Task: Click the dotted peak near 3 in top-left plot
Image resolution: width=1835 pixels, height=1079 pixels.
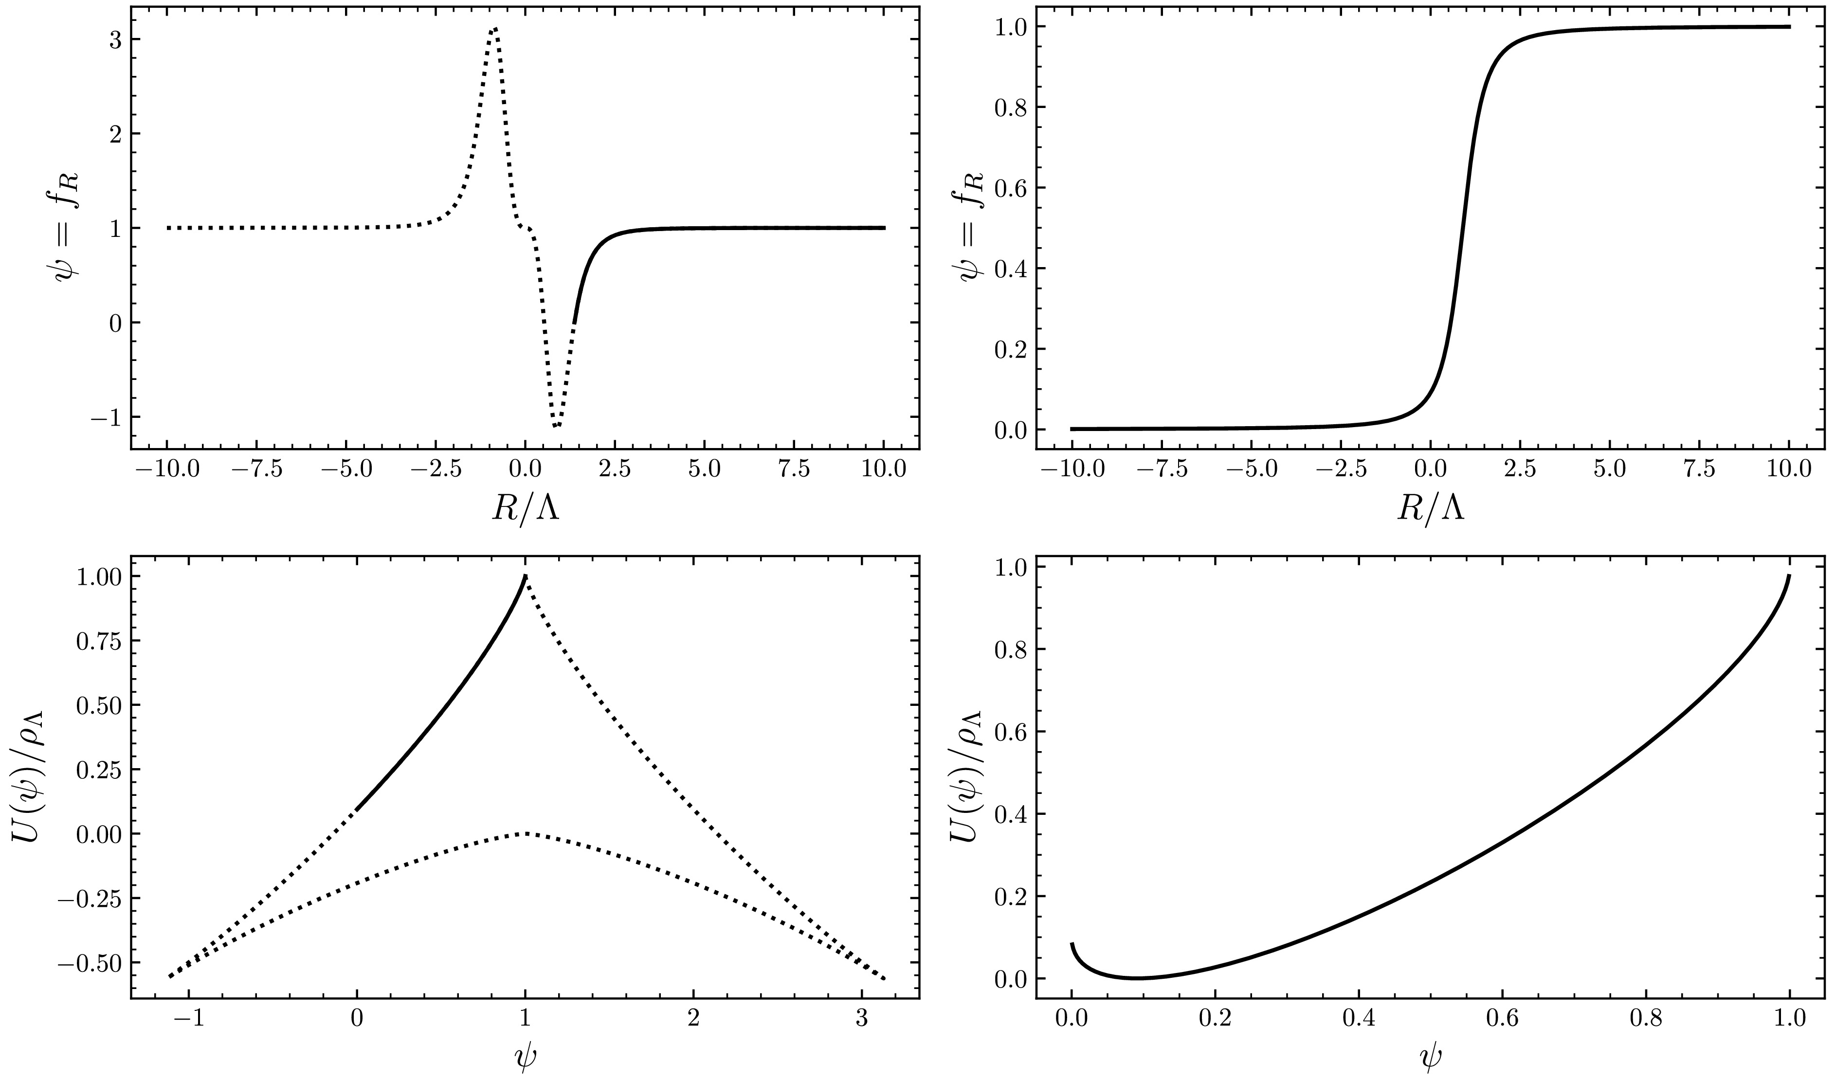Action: click(494, 29)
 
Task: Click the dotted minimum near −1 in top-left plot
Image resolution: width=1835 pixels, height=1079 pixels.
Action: click(556, 425)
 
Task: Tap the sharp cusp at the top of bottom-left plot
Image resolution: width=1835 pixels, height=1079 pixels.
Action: click(525, 576)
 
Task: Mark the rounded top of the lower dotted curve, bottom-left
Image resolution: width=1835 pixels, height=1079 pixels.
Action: click(525, 833)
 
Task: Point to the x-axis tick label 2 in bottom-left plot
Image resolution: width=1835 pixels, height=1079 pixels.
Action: click(693, 1018)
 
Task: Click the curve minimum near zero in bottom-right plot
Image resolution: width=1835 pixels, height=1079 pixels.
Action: click(1136, 978)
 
